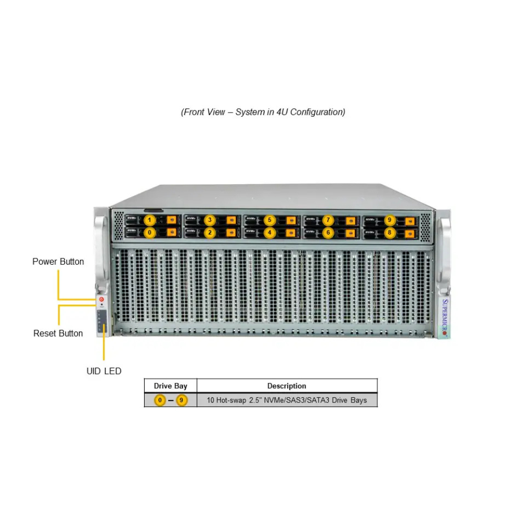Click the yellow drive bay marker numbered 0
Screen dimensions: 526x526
[150, 231]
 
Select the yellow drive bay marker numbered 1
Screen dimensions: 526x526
[150, 220]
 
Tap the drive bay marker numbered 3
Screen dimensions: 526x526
[209, 220]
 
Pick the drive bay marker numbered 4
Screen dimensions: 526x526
[269, 231]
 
